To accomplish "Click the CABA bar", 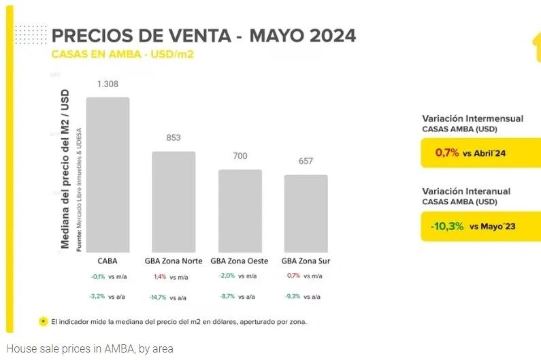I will [108, 174].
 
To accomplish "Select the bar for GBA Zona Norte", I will [174, 201].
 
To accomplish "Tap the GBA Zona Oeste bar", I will [240, 210].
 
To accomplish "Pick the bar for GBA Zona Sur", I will [306, 213].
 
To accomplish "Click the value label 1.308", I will [108, 84].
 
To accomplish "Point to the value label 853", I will [174, 137].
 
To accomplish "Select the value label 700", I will [240, 156].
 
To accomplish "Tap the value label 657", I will [306, 161].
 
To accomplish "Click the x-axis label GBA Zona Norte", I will [173, 261].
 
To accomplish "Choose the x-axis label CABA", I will [108, 261].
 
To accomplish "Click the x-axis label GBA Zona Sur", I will [306, 261].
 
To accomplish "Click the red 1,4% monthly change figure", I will [160, 277].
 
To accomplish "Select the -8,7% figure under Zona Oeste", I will [227, 297].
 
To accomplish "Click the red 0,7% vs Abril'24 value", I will [447, 153].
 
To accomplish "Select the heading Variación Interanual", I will [466, 191].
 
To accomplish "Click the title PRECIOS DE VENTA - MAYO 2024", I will [204, 35].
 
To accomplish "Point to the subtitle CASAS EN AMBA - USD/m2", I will [123, 54].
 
